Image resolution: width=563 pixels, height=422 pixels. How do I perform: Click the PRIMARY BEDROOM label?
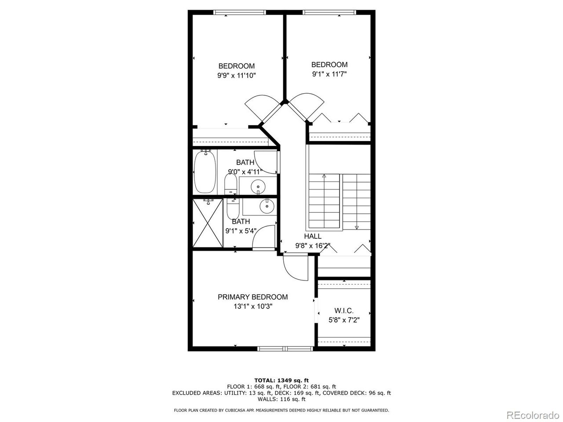252,297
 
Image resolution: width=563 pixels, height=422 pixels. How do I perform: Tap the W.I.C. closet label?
344,311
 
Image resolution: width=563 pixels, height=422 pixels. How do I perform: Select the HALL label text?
312,236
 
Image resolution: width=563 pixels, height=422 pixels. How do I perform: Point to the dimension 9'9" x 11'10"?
236,76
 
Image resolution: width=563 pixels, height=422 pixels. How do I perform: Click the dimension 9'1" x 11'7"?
329,74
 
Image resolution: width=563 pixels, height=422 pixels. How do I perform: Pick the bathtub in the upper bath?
205,171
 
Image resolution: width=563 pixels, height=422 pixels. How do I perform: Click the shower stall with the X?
208,222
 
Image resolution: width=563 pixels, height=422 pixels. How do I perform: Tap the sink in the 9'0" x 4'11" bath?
258,187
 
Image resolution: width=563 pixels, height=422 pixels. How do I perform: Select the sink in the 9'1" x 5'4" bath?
266,205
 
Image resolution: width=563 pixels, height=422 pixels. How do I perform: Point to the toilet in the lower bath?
233,210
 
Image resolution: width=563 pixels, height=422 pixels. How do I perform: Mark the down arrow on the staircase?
356,227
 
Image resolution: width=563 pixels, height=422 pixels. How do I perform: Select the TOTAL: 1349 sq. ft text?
281,380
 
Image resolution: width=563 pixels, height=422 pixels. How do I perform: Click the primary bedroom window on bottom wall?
285,349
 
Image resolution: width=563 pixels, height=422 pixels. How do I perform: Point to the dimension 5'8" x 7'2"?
344,320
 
